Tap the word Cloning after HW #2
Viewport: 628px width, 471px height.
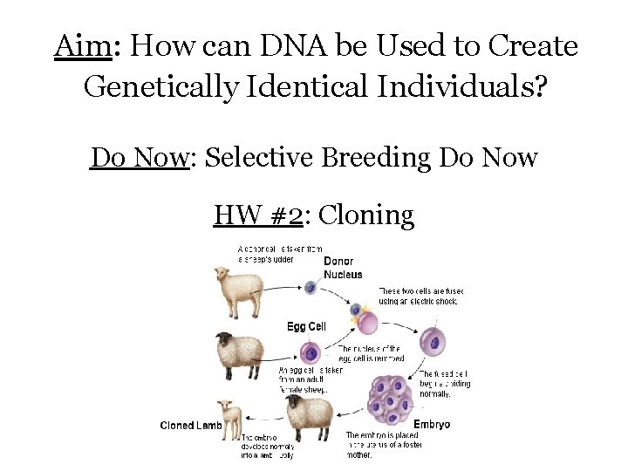366,214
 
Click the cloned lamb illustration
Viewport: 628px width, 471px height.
229,420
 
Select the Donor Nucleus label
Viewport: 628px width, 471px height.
344,268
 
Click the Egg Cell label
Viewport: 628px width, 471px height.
306,326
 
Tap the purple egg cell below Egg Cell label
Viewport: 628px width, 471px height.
311,353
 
